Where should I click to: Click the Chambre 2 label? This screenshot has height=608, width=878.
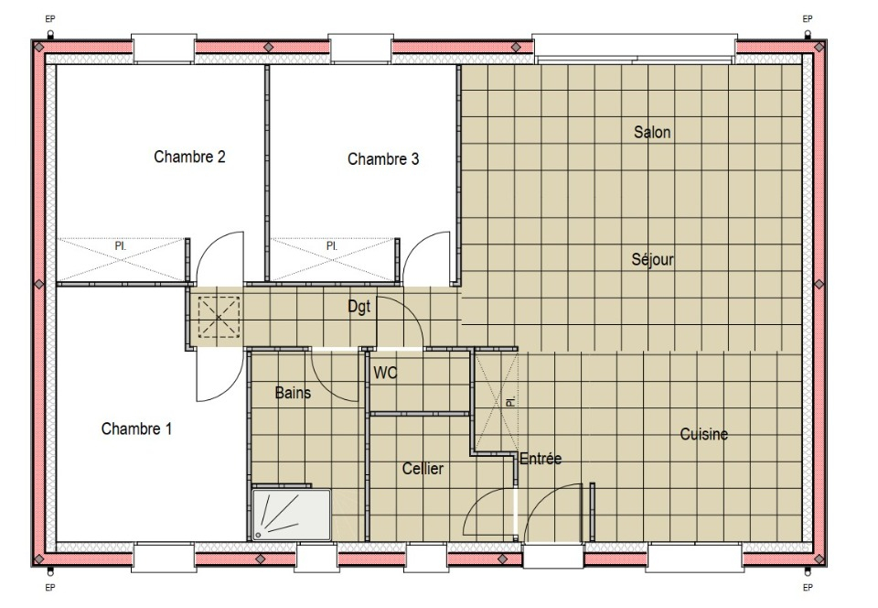point(190,157)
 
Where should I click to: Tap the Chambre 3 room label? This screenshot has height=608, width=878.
point(383,159)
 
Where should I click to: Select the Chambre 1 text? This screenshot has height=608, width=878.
point(136,429)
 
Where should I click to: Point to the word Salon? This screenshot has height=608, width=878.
point(652,132)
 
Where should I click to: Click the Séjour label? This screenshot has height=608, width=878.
point(653,259)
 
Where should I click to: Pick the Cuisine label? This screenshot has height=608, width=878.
point(704,434)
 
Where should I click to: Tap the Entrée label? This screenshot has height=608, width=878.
point(541,459)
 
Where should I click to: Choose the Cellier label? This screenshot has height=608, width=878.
point(423,469)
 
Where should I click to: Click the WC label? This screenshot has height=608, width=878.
point(385,373)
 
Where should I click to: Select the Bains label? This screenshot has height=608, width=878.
point(293,393)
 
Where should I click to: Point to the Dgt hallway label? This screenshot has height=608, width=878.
point(359,307)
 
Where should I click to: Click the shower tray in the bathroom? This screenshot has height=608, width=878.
point(291,515)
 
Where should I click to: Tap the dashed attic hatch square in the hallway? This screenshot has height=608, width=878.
point(219,317)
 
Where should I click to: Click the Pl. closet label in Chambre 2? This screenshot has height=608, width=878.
point(121,246)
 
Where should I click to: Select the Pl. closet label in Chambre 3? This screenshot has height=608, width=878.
point(332,246)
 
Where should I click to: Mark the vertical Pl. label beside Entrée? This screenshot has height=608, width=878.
point(510,402)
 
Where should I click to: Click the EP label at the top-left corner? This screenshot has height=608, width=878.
point(50,19)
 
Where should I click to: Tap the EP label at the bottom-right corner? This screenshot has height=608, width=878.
point(808,587)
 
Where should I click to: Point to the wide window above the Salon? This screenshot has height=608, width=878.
point(635,48)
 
